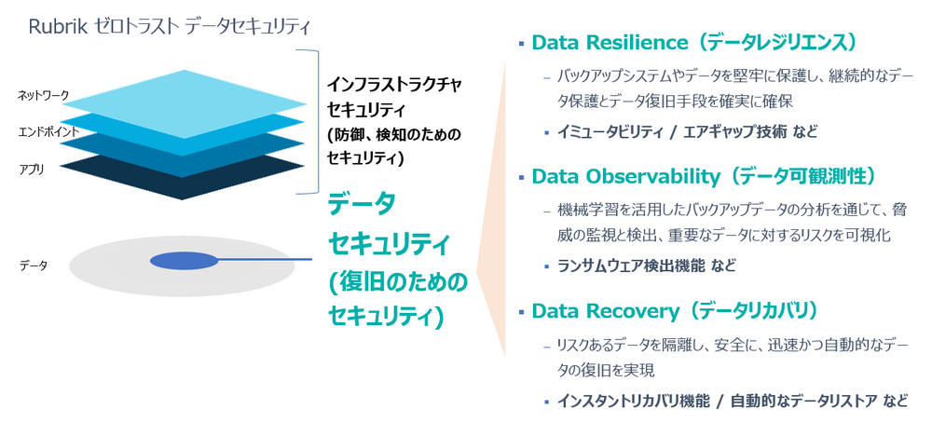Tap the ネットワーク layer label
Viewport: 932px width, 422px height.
pyautogui.click(x=44, y=94)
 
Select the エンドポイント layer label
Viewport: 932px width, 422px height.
pyautogui.click(x=48, y=131)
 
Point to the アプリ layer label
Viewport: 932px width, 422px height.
pyautogui.click(x=31, y=170)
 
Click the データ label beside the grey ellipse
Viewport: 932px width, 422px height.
pyautogui.click(x=33, y=265)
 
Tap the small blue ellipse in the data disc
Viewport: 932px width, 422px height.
pyautogui.click(x=185, y=260)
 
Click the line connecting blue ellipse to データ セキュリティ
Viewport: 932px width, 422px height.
pyautogui.click(x=265, y=260)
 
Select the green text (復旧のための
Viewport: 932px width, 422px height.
pyautogui.click(x=398, y=283)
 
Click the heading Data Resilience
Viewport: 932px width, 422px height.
pyautogui.click(x=610, y=42)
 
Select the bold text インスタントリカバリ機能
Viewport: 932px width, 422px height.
pyautogui.click(x=634, y=401)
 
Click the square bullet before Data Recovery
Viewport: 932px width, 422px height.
pyautogui.click(x=521, y=311)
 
